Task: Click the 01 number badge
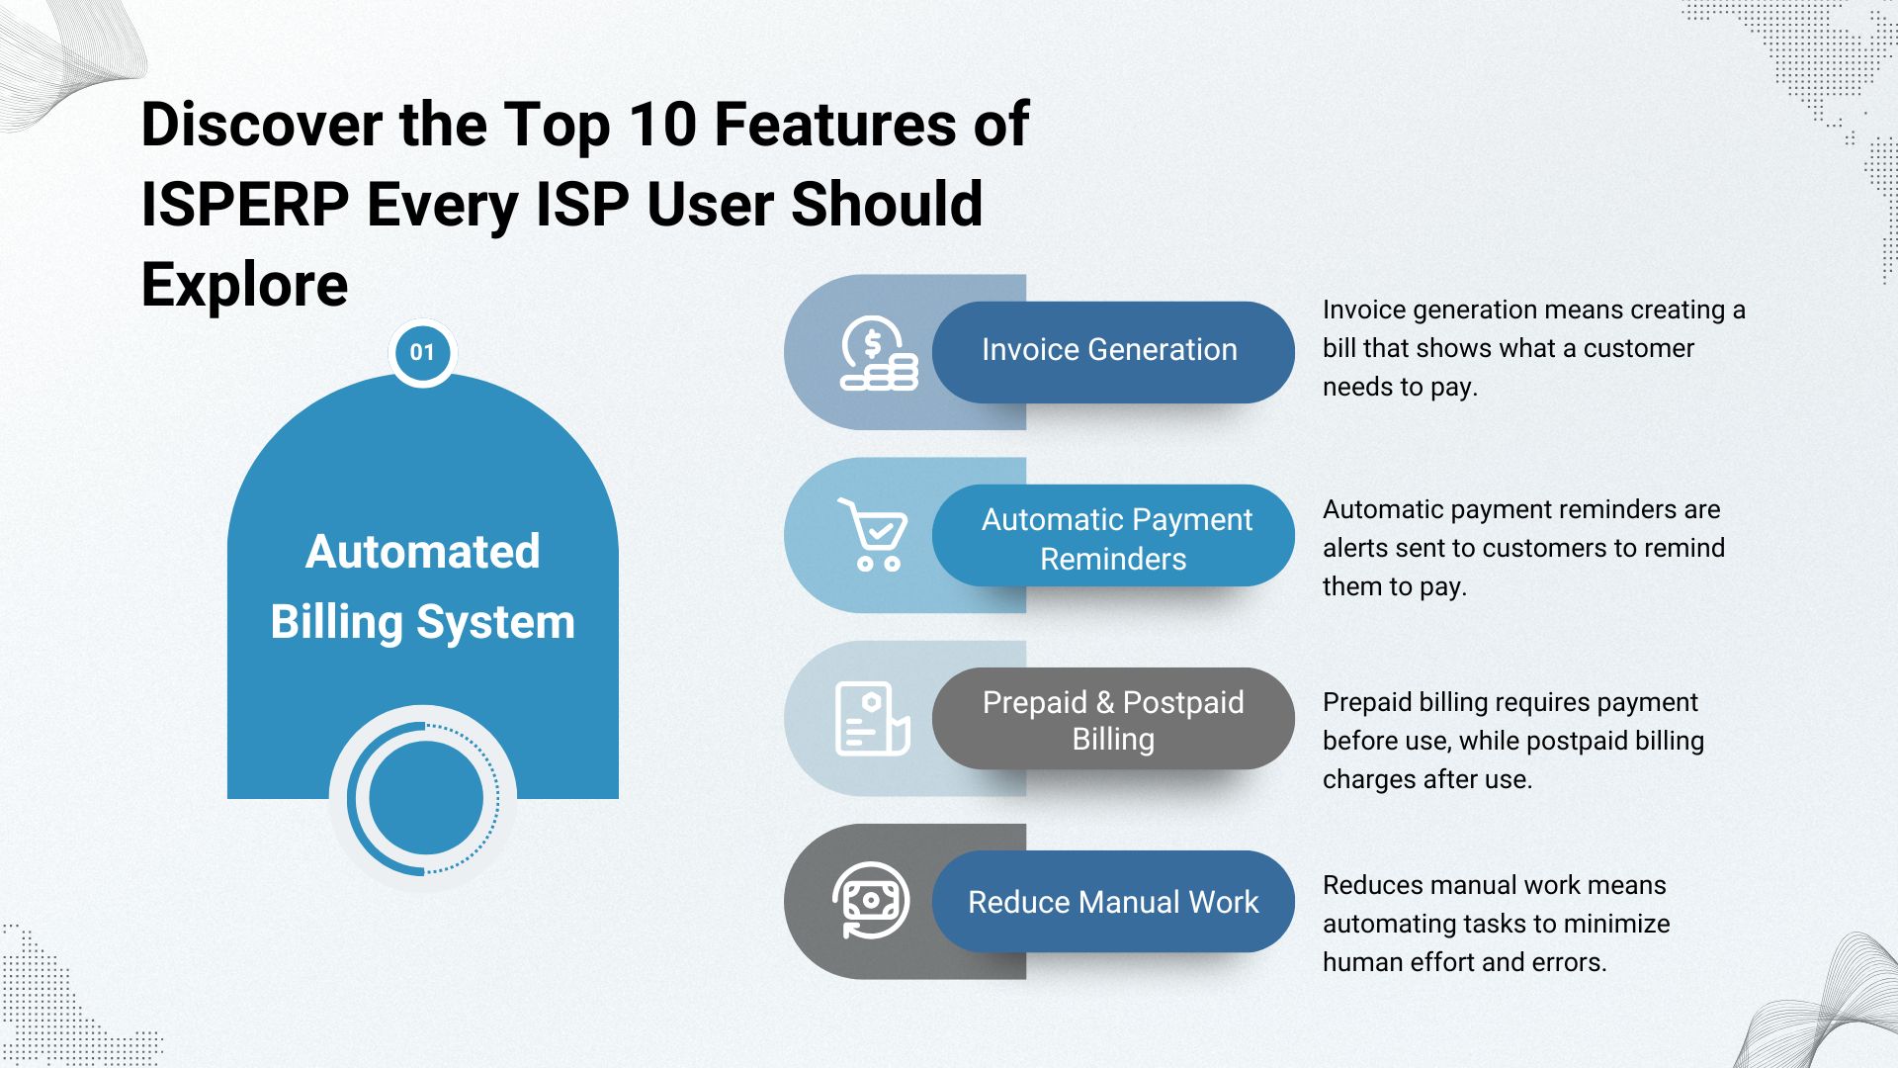tap(422, 352)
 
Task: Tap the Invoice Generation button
tap(1113, 352)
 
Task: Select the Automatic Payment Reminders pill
tap(1113, 536)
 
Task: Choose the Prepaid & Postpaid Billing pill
tap(1113, 719)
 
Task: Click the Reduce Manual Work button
tap(1113, 902)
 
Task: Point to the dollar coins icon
tap(879, 353)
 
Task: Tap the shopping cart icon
tap(873, 534)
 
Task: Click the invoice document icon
tap(872, 719)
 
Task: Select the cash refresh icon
tap(871, 900)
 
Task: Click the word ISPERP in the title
tap(245, 205)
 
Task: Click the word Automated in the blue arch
tap(423, 551)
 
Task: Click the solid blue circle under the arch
tap(425, 798)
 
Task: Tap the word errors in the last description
tap(1569, 962)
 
